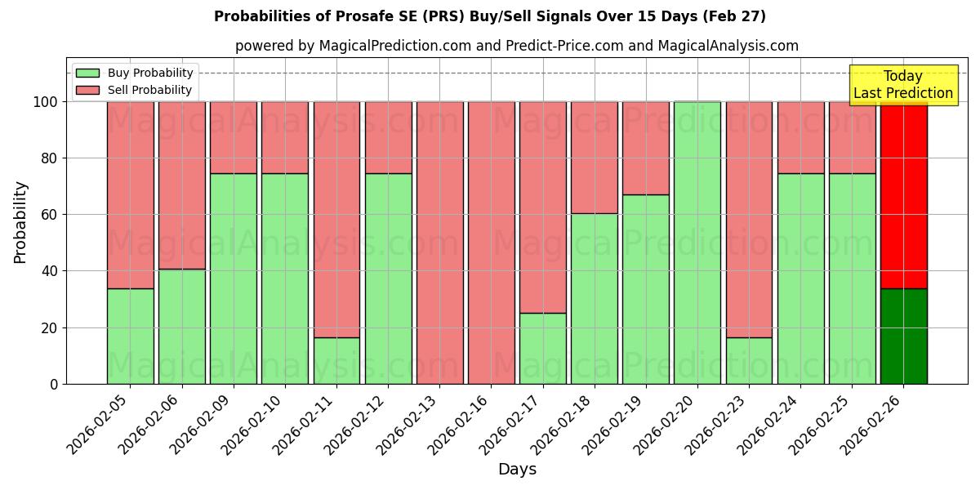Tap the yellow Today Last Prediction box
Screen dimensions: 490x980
902,85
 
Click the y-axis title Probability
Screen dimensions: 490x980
20,221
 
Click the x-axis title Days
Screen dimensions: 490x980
517,470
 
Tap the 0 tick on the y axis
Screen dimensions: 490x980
53,384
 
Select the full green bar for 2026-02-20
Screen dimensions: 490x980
697,243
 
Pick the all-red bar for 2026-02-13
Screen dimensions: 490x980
439,243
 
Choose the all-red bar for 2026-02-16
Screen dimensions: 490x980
491,243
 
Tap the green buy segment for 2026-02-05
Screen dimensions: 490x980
130,336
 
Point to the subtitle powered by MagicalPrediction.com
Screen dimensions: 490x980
516,46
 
